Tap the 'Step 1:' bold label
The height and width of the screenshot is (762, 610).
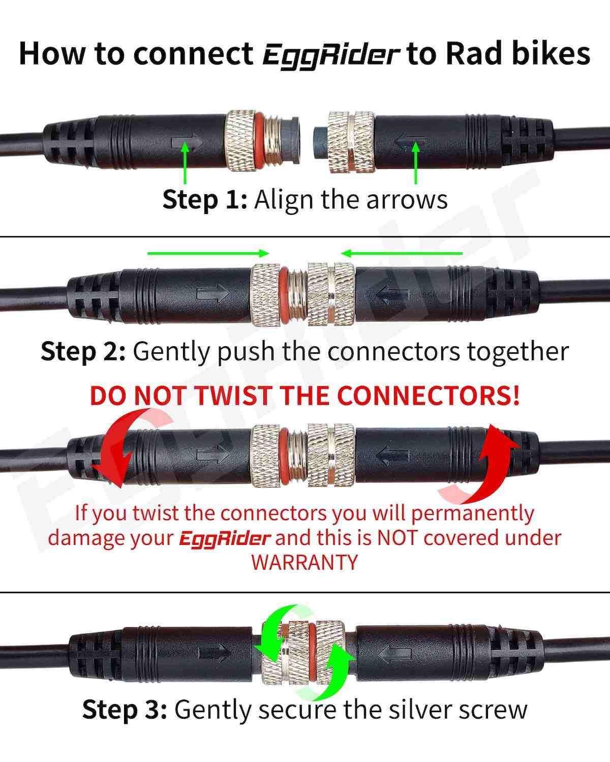click(x=204, y=199)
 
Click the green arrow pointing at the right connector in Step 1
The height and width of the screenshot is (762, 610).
click(x=416, y=163)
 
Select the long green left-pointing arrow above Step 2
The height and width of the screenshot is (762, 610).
click(x=402, y=253)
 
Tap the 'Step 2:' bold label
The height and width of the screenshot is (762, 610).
click(x=83, y=351)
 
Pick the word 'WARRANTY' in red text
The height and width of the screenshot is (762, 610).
click(x=304, y=563)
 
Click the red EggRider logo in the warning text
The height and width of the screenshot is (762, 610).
click(x=224, y=538)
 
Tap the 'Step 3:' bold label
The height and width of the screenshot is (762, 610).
click(x=125, y=709)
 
